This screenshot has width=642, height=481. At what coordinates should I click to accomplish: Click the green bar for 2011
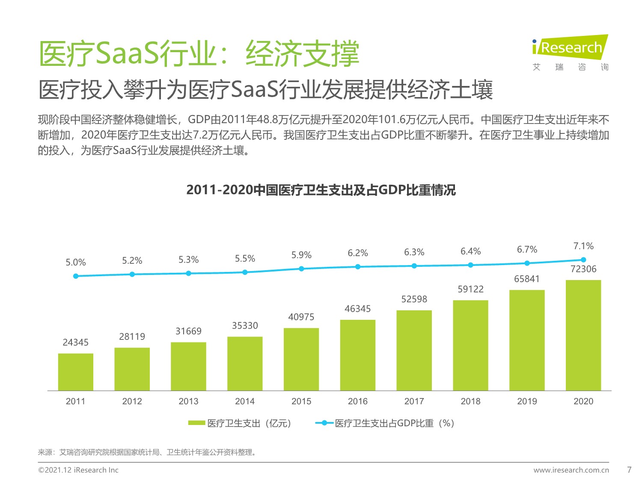click(x=76, y=372)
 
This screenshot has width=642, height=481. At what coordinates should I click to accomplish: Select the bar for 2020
click(x=583, y=335)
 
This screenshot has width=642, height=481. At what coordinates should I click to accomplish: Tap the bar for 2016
click(x=358, y=355)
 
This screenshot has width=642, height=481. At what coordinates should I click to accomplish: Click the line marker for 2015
click(x=301, y=269)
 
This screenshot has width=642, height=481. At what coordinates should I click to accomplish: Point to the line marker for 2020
click(x=583, y=260)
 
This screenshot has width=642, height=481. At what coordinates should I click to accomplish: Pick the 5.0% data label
click(x=76, y=263)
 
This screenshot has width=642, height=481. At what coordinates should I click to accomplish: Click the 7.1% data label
click(x=583, y=246)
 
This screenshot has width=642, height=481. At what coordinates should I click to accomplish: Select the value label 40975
click(x=301, y=317)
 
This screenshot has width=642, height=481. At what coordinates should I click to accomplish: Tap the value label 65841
click(x=527, y=279)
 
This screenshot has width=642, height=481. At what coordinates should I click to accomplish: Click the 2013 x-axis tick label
click(x=188, y=401)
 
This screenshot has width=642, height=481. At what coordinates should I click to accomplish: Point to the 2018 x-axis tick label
click(x=470, y=401)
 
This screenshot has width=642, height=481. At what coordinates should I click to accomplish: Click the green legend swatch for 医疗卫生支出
click(x=196, y=423)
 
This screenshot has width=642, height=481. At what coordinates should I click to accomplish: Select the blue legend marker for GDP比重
click(x=324, y=423)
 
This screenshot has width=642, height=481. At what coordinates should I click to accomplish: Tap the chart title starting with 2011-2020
click(x=321, y=190)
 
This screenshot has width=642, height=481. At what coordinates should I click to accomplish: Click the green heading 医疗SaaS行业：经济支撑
click(x=199, y=54)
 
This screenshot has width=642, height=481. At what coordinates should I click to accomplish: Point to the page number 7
click(x=629, y=470)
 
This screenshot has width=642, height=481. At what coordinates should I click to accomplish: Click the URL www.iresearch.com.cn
click(x=571, y=470)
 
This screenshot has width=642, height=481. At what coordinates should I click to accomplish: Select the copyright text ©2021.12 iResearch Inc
click(x=78, y=470)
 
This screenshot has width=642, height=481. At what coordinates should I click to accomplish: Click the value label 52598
click(x=414, y=299)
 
